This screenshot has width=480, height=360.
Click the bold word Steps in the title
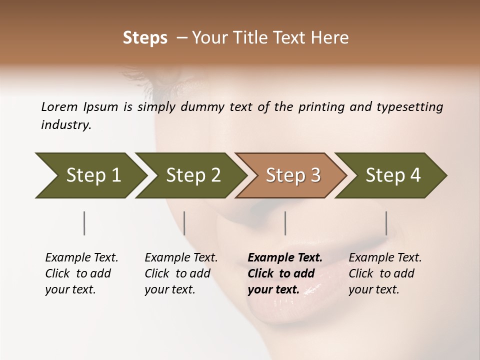click(x=145, y=38)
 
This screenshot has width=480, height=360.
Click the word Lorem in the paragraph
click(x=59, y=106)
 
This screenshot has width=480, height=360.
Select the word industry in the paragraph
click(x=65, y=125)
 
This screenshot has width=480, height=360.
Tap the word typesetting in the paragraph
click(x=410, y=106)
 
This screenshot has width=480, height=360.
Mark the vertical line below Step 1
click(x=84, y=223)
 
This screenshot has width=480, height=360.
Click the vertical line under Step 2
click(x=184, y=223)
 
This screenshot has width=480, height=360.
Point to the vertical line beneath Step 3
click(x=285, y=223)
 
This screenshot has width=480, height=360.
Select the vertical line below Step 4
click(x=386, y=223)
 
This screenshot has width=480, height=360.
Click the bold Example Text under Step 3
click(x=285, y=258)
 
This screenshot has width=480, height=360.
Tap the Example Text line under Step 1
click(x=81, y=258)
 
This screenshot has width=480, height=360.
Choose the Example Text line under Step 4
click(x=385, y=258)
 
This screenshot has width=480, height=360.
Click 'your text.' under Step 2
click(x=169, y=289)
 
